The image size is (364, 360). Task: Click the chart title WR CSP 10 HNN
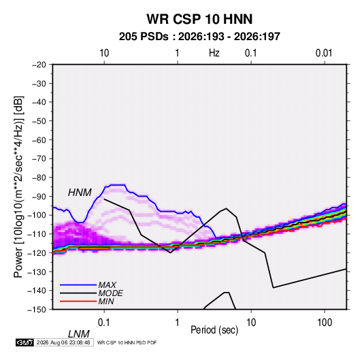tap(199, 19)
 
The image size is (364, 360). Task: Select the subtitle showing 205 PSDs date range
tap(199, 37)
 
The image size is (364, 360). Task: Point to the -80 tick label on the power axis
tap(39, 178)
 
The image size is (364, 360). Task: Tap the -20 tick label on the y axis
tap(39, 65)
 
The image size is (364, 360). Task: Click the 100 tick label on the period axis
tap(325, 323)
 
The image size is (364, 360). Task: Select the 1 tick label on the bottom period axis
tap(178, 323)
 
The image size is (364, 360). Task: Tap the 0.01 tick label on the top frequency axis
tap(324, 53)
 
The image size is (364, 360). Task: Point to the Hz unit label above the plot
tap(214, 53)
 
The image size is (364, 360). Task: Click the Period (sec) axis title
tap(214, 330)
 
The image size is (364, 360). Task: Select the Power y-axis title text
tap(18, 187)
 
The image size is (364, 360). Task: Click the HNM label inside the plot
tap(80, 193)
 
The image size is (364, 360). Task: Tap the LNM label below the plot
tap(79, 334)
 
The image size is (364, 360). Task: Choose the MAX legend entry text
tap(107, 284)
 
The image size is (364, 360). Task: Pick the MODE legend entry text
tap(110, 293)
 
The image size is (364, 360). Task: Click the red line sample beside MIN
tap(78, 301)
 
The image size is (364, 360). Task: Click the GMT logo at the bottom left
tap(24, 342)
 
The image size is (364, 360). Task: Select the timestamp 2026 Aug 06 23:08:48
tap(63, 342)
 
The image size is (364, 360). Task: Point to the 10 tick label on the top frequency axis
tap(104, 53)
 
